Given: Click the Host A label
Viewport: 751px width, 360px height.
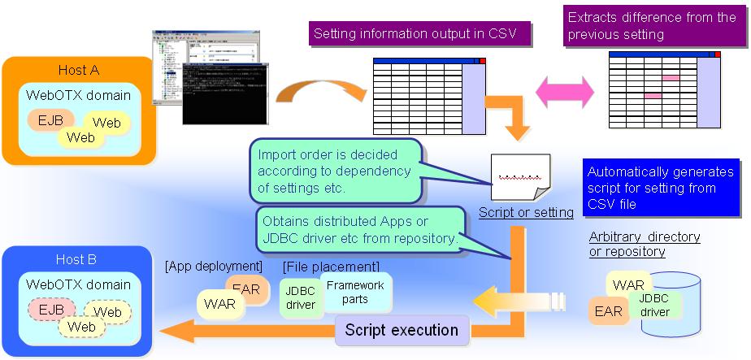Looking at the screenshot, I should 77,70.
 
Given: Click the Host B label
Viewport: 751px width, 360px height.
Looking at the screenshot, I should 77,259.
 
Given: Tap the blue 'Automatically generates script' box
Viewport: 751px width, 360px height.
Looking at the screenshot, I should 660,188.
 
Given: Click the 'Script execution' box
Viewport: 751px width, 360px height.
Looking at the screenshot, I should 402,330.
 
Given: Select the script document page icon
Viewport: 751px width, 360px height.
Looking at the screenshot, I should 520,176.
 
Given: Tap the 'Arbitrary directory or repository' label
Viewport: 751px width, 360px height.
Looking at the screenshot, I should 645,244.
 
